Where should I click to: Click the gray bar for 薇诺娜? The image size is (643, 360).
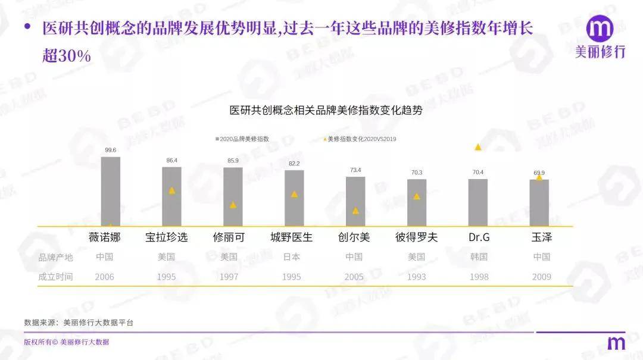point(110,191)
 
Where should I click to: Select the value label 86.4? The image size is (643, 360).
point(171,161)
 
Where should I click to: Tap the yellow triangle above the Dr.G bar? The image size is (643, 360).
point(477,147)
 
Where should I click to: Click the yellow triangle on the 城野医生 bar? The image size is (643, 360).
point(294,194)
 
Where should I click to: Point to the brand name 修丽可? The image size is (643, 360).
point(229,237)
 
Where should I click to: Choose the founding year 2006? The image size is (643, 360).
point(104,277)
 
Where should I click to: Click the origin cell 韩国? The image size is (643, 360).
point(479,257)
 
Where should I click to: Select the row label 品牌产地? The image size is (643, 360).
point(55,257)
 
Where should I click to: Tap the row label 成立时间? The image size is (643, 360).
point(55,277)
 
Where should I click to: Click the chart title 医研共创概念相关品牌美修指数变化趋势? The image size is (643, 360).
point(326,110)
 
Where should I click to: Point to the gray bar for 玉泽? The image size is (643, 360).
point(539,202)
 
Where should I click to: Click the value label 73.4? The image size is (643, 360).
point(355,170)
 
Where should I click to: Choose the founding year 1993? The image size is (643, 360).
point(417,277)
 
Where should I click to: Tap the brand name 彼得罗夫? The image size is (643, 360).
point(416,237)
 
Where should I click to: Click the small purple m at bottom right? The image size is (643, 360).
point(616,343)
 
